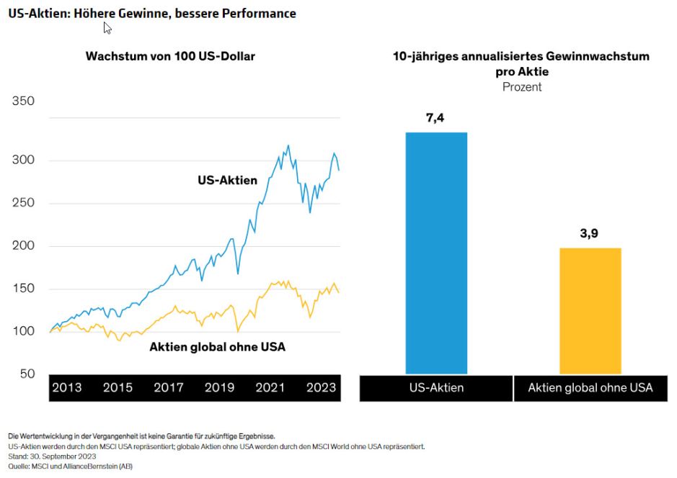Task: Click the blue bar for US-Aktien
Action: coord(436,252)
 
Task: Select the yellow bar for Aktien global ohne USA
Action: coord(590,310)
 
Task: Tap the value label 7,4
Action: coord(436,118)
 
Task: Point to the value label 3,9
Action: coord(590,233)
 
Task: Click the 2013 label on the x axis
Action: coord(67,387)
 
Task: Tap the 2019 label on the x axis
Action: coord(220,387)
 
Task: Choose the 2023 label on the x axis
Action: coord(321,387)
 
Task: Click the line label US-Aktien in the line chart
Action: coord(227,180)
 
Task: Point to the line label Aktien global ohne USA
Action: coord(217,347)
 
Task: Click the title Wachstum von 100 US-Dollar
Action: coord(170,56)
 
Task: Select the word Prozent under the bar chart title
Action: coord(521,87)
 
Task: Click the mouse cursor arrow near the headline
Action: coord(107,27)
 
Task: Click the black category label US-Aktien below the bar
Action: coord(436,387)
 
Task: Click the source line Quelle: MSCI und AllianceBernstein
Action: coord(70,466)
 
